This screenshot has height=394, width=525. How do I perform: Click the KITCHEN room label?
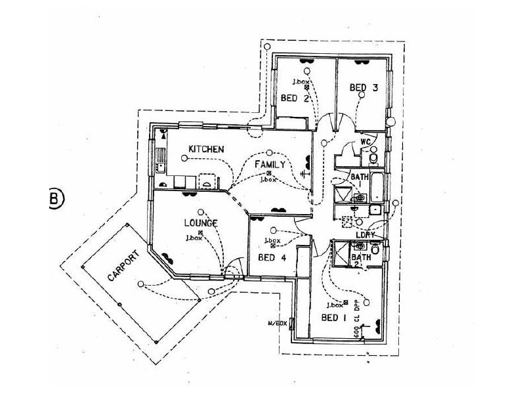click(207, 150)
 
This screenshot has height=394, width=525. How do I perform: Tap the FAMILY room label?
click(270, 164)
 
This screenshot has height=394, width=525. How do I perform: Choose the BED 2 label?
click(295, 98)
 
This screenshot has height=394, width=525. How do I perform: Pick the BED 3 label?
click(364, 87)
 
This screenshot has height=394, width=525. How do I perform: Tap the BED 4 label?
click(272, 258)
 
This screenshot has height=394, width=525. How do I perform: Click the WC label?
click(366, 142)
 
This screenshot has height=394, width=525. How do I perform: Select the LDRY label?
click(365, 235)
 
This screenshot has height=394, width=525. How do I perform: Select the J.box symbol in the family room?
click(269, 173)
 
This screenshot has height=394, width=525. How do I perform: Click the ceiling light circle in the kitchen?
click(183, 158)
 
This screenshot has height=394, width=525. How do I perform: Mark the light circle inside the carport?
click(141, 284)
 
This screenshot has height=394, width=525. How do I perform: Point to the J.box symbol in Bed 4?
click(272, 246)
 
